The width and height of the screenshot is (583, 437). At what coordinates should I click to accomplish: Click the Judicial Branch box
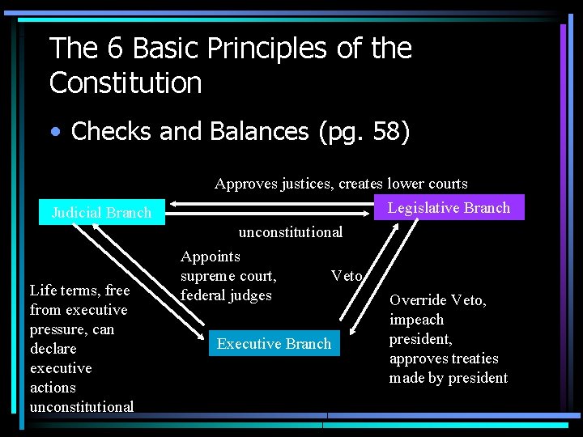101,213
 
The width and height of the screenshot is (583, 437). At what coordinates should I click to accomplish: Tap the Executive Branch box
274,344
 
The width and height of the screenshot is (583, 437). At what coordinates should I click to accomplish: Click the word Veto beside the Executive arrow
347,276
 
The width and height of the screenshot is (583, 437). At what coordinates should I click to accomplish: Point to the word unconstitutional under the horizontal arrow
291,232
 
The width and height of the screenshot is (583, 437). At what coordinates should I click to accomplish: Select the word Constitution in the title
126,83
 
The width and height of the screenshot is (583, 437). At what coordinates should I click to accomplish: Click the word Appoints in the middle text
211,257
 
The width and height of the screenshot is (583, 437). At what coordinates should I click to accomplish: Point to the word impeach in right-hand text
416,320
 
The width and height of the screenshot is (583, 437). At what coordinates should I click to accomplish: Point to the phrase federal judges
226,295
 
